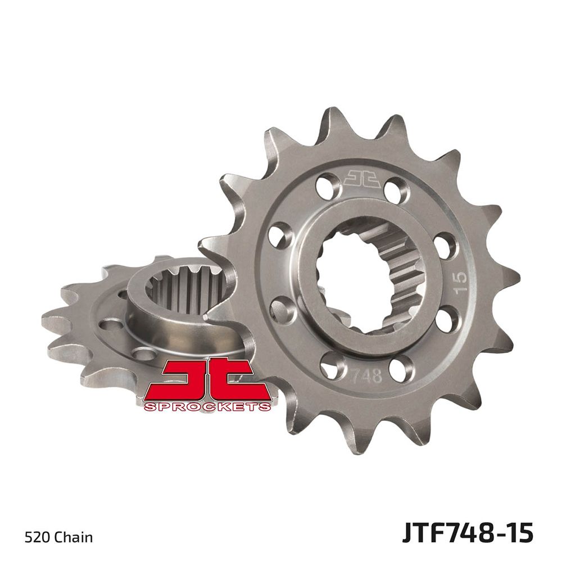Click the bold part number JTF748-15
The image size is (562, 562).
tap(467, 533)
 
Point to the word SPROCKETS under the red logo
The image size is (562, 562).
tap(207, 406)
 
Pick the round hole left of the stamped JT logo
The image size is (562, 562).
tap(328, 185)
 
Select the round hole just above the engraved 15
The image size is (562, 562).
tap(445, 244)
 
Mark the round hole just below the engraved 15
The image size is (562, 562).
tap(447, 322)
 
